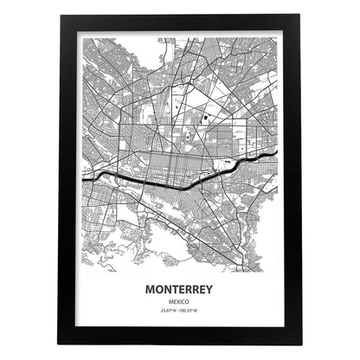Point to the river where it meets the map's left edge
(x=84, y=177)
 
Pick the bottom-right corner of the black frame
(x=301, y=344)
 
